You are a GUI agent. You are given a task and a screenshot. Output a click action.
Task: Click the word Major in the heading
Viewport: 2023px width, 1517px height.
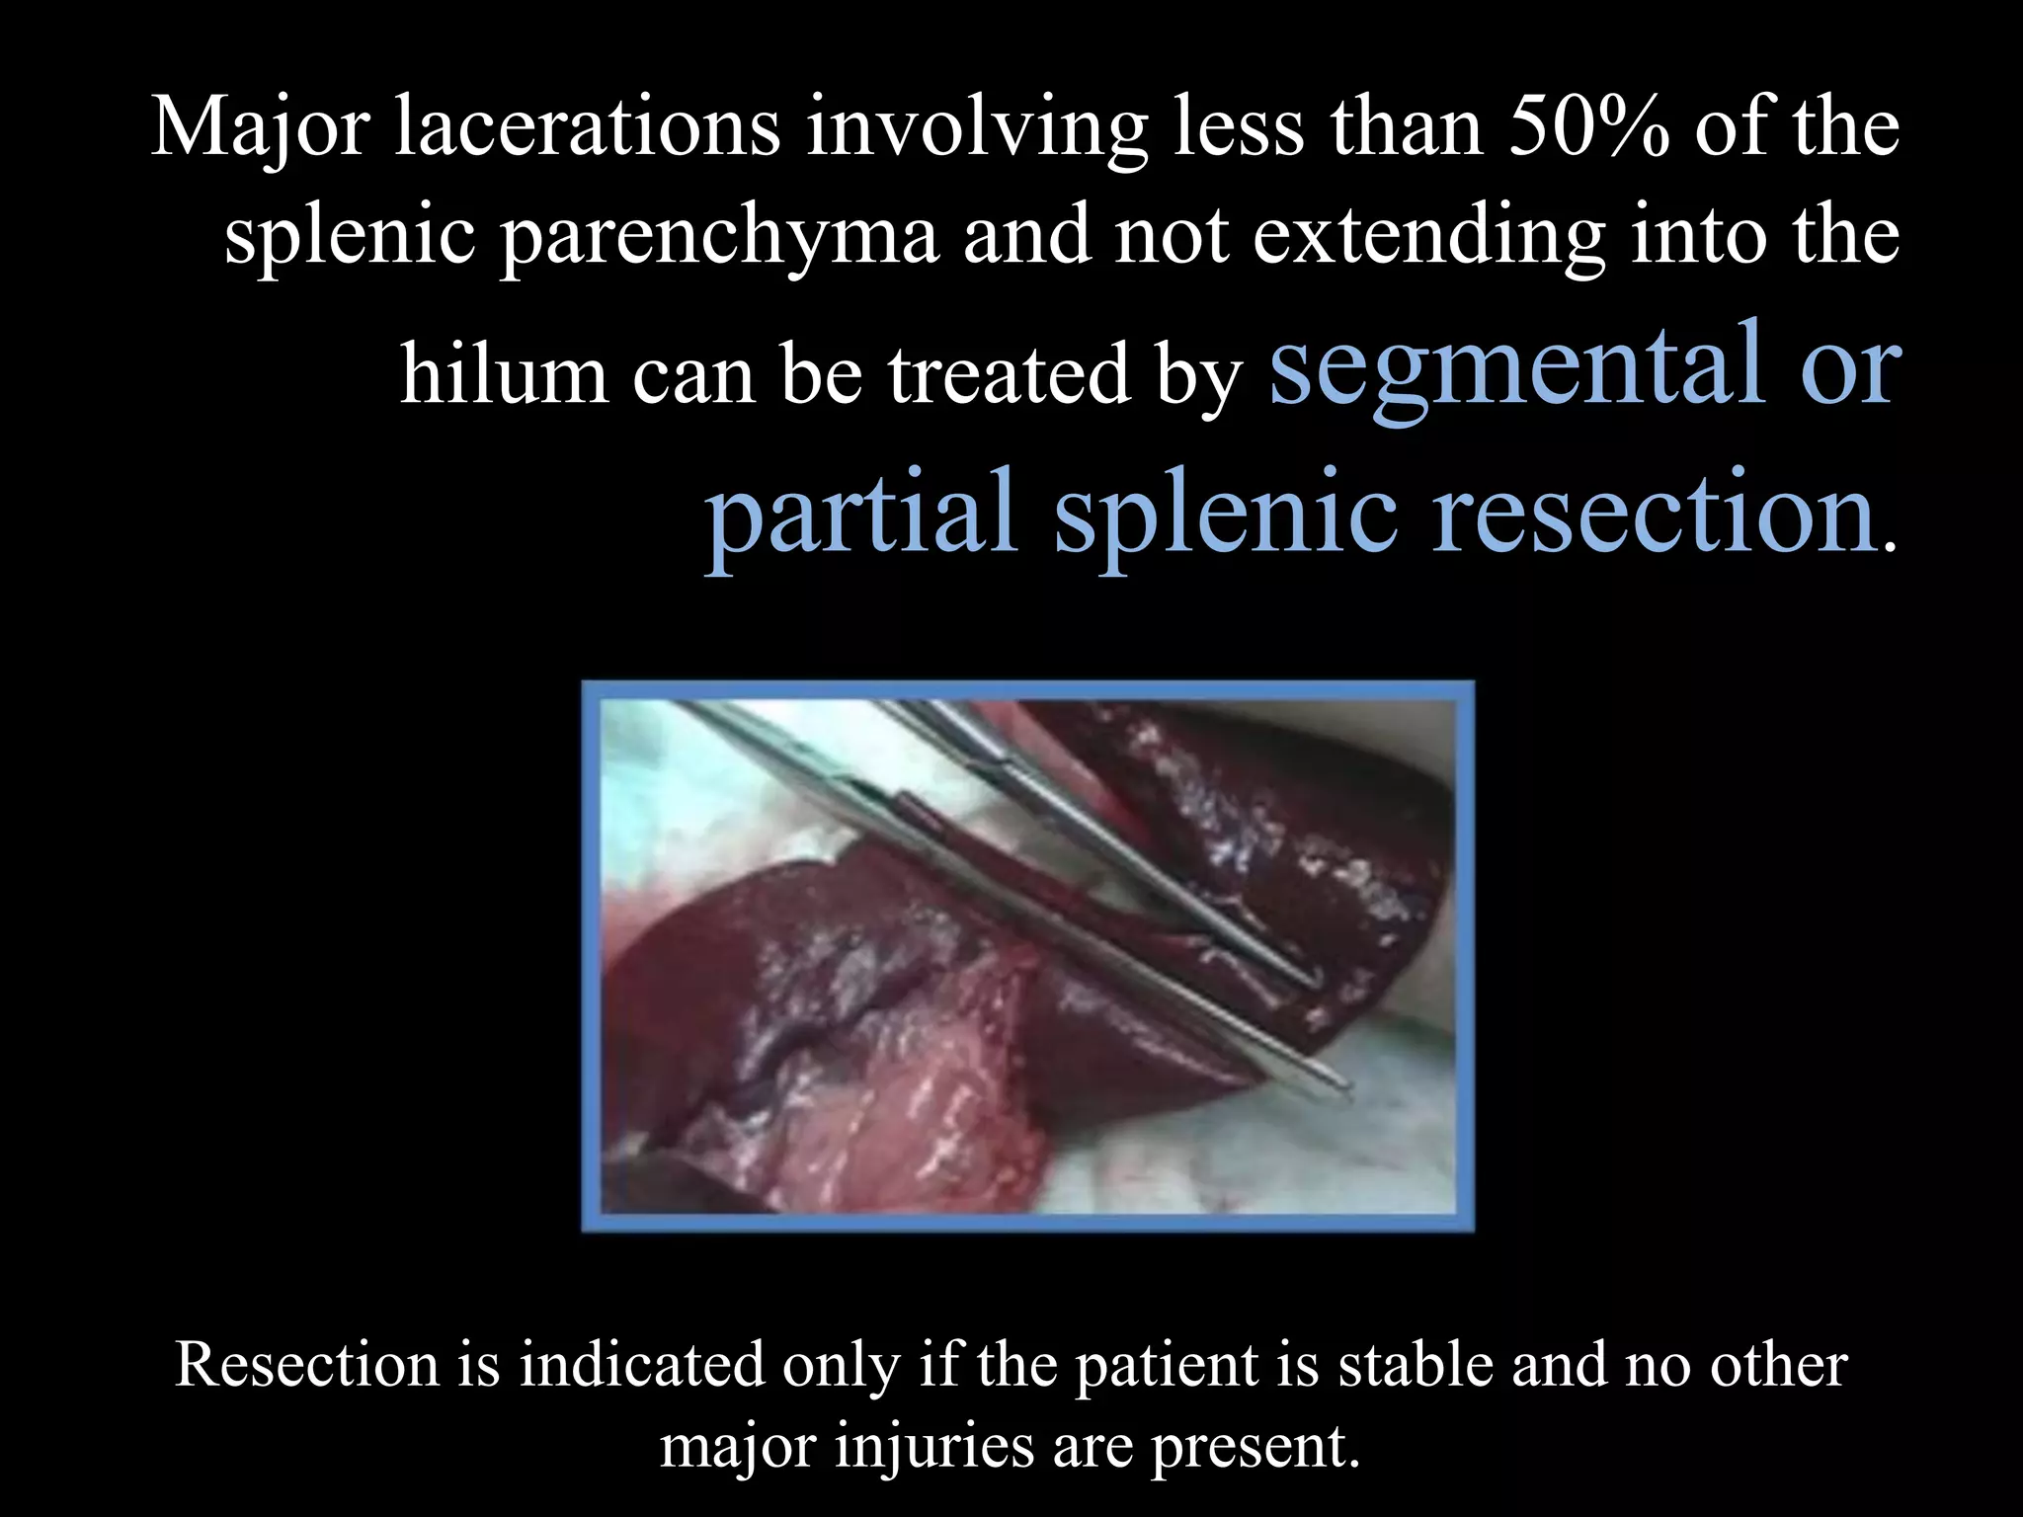click(260, 129)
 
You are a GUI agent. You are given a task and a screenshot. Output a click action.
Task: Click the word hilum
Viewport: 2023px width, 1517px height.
click(503, 375)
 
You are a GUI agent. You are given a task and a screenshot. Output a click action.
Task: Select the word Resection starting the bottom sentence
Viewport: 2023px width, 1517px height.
click(306, 1366)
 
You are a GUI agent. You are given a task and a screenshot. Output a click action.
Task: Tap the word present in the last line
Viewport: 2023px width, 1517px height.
click(1254, 1448)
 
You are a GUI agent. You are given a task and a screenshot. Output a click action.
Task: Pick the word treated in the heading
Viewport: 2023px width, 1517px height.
click(1009, 375)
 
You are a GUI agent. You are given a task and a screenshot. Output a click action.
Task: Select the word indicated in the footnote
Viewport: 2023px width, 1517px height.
click(642, 1366)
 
